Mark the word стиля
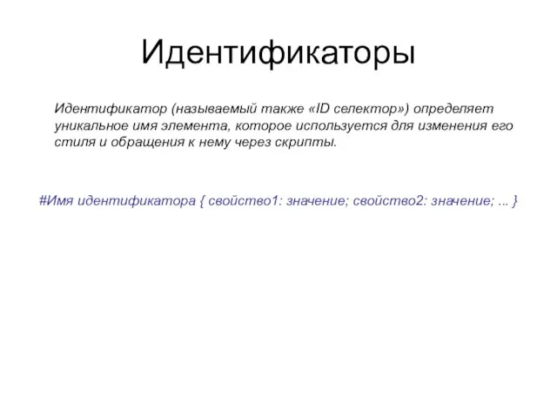(x=71, y=142)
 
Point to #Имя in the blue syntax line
(x=57, y=201)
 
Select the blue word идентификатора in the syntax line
(x=136, y=201)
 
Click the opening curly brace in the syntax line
(x=203, y=201)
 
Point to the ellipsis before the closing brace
(x=504, y=202)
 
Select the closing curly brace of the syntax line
(x=518, y=201)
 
